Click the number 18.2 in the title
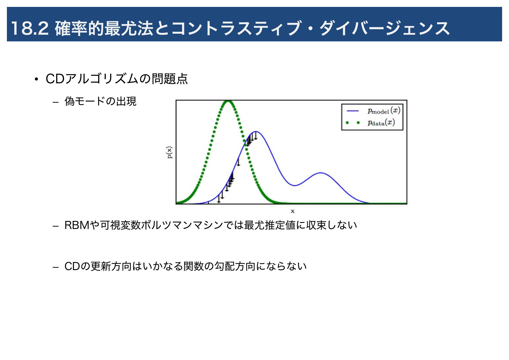[x=30, y=28]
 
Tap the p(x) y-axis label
[x=170, y=153]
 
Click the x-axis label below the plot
[x=292, y=211]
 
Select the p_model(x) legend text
[x=384, y=111]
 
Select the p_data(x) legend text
[x=381, y=123]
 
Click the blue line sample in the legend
[x=353, y=111]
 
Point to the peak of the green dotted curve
[x=228, y=101]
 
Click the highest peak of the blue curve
[x=256, y=132]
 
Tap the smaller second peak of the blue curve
[x=321, y=173]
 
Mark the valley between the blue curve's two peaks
[x=295, y=185]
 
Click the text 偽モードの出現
[x=100, y=101]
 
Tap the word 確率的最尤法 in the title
[x=104, y=28]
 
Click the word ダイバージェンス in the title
[x=384, y=28]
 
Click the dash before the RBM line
[x=55, y=226]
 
